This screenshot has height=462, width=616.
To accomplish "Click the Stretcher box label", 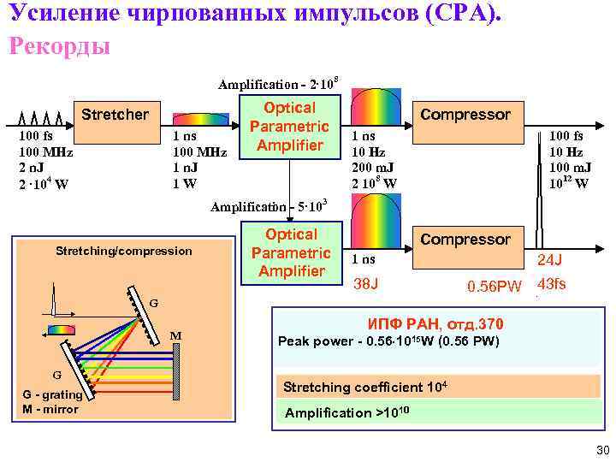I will [x=115, y=114].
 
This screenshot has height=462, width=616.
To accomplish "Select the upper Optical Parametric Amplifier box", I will [x=289, y=127].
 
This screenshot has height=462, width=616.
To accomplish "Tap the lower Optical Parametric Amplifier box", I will [x=290, y=252].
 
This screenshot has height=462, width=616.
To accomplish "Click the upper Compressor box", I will [x=465, y=114].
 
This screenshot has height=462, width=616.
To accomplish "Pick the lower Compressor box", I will [x=465, y=240].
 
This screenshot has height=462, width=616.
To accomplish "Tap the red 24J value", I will [x=549, y=259].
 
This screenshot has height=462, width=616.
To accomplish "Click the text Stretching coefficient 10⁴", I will [x=365, y=386].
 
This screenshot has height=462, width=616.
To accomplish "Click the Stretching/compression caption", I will [x=124, y=251].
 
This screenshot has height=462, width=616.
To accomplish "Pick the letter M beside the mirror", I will [x=175, y=335].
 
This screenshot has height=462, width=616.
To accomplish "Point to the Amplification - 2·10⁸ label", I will [x=279, y=83].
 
